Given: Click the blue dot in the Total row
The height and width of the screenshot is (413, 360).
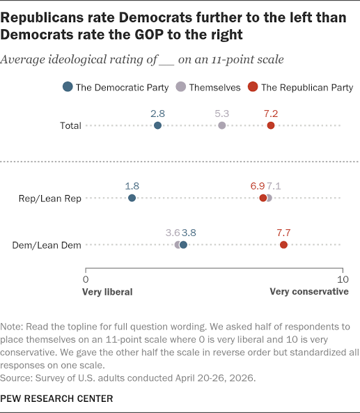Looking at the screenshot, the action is point(157,125).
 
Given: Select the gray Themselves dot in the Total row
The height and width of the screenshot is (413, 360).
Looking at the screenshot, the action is point(222,125).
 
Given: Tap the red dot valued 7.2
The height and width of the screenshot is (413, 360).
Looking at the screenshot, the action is point(271,125).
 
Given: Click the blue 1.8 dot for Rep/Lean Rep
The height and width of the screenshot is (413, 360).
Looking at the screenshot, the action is point(132,198).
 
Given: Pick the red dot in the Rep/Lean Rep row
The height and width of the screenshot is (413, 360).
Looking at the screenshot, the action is point(263,198).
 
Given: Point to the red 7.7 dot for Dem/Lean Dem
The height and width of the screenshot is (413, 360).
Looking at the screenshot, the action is point(283,244).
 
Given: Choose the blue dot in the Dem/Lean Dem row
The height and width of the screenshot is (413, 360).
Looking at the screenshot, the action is point(184,244).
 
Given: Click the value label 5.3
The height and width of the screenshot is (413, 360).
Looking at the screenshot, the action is point(221,114).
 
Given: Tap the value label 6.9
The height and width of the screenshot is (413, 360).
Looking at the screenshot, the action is point(258,186).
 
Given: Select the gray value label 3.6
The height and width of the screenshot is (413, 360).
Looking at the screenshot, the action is point(173,233).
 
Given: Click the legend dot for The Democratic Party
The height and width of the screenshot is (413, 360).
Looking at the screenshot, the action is point(68,86).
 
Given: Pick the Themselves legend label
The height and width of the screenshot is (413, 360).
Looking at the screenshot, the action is point(214,88).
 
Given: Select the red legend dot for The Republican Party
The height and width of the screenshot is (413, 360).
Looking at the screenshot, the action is point(253,86).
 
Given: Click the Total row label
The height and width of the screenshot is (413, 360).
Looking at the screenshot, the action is point(70,125).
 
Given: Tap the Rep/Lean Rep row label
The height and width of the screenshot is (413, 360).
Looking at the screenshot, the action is point(49,198).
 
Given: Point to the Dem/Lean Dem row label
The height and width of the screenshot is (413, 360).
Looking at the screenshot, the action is point(47,245).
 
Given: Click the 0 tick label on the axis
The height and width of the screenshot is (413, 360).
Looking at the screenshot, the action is point(86,279).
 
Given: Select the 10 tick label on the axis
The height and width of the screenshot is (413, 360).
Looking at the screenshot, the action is point(343,279).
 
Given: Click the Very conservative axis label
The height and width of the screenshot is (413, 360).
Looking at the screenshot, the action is point(309,292).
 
